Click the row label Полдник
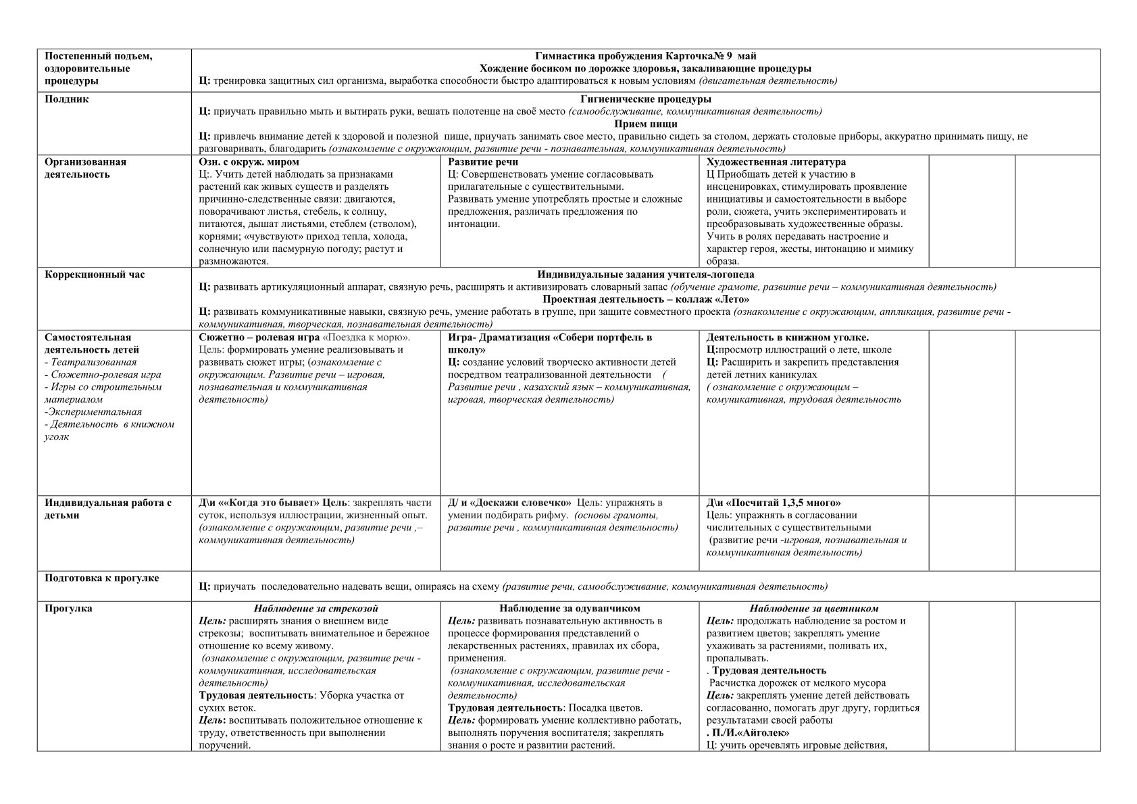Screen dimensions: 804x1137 pos(67,99)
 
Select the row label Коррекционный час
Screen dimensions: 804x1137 pos(95,274)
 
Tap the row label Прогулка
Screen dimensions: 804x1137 pos(68,608)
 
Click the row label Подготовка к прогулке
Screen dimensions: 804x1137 pos(101,578)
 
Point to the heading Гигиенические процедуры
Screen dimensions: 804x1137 pos(645,99)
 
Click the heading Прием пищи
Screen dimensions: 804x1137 pos(645,124)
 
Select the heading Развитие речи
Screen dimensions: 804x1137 pos(483,162)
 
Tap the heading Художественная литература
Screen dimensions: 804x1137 pos(776,162)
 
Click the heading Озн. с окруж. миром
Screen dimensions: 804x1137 pos(249,162)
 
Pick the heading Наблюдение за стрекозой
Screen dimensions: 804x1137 pos(315,609)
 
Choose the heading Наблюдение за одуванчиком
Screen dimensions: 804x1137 pos(570,609)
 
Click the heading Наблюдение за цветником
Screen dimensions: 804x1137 pos(813,609)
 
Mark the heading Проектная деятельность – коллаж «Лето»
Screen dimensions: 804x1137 pos(645,299)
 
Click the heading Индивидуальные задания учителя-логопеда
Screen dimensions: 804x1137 pos(645,274)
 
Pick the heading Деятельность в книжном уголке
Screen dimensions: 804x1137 pos(787,337)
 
